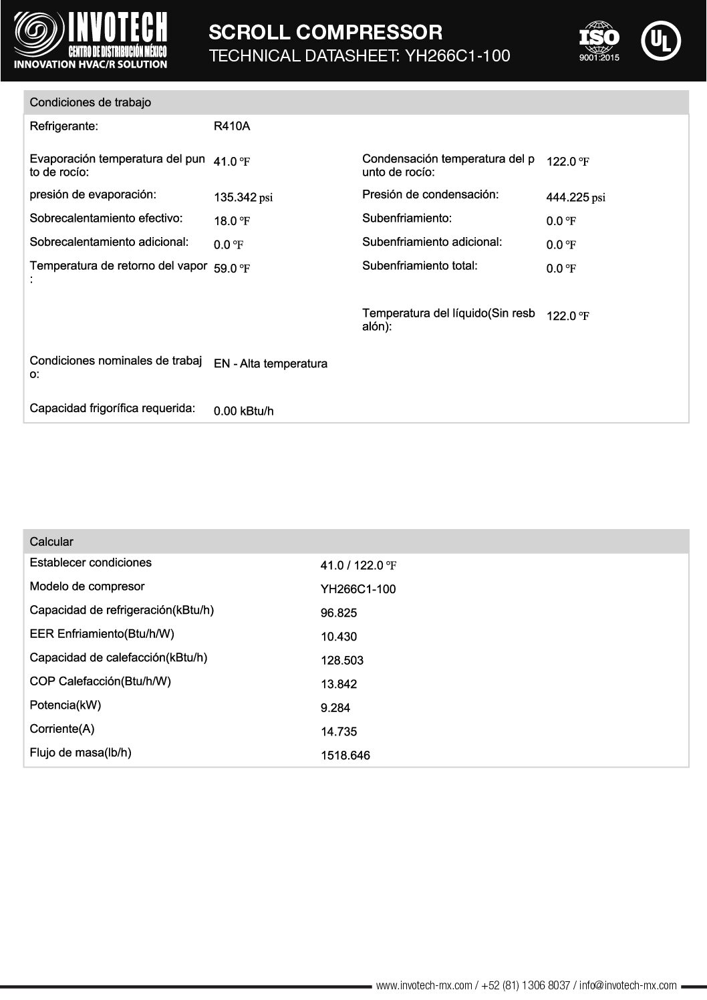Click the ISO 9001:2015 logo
point(599,41)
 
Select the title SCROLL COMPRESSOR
point(325,31)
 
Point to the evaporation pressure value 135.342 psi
point(243,198)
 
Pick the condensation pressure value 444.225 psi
point(575,197)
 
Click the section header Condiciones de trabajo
point(90,102)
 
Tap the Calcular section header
point(51,542)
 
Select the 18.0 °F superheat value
point(231,221)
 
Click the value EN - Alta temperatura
point(270,364)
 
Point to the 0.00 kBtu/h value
point(243,411)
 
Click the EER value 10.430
point(339,637)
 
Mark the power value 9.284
point(335,708)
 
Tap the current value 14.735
point(339,732)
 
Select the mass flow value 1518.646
point(345,756)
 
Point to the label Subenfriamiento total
point(420,266)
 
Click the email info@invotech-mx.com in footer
point(628,985)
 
